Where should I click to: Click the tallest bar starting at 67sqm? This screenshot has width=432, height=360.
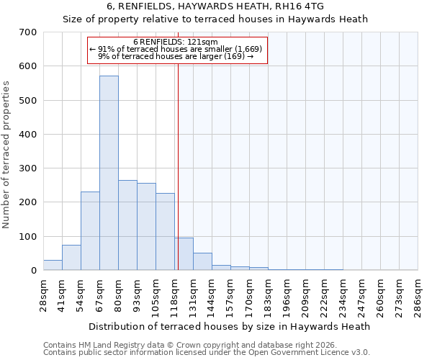click(109, 173)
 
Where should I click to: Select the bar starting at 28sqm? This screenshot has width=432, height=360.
click(53, 265)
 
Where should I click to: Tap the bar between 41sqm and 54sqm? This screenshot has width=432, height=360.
click(71, 258)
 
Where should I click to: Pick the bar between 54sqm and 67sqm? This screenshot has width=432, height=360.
click(90, 231)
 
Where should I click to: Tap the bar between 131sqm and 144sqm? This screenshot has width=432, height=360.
click(202, 262)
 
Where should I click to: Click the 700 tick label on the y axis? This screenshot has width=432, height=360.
click(29, 32)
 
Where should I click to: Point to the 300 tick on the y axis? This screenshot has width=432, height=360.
click(29, 168)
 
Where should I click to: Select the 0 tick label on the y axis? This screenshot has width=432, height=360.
click(34, 271)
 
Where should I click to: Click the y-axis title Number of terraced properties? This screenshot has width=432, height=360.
click(6, 155)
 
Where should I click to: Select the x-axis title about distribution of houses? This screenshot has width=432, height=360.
click(230, 326)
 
